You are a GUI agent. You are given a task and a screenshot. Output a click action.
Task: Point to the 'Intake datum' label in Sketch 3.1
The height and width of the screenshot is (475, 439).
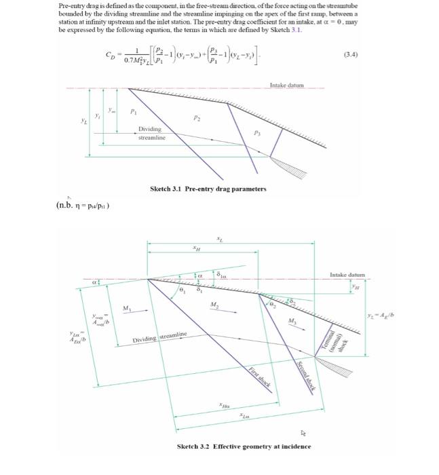coord(287,86)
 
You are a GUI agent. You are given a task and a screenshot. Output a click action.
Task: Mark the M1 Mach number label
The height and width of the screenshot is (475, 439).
coord(127,308)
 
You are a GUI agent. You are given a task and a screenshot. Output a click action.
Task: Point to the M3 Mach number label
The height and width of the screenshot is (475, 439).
coord(293,320)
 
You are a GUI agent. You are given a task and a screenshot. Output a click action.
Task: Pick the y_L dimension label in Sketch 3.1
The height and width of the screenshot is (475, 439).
coord(83,124)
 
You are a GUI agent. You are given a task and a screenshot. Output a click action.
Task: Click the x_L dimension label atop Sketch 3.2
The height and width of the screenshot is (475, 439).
coord(218,238)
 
